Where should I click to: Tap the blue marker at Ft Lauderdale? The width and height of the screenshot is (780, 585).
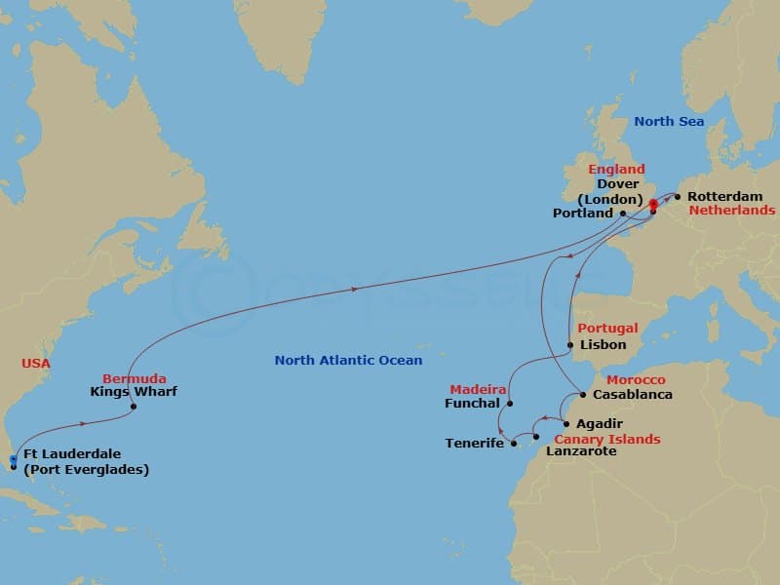[x=13, y=459]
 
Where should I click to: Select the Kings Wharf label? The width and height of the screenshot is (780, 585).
[x=133, y=392]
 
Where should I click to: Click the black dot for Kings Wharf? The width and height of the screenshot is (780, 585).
[x=133, y=407]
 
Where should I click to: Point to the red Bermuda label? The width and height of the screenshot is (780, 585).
[x=135, y=378]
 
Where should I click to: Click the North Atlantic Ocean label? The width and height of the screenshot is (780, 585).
[x=348, y=361]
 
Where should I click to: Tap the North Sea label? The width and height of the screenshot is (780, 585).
[x=669, y=122]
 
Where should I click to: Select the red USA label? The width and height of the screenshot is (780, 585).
[x=36, y=364]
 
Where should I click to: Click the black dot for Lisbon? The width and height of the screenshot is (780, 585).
[x=570, y=345]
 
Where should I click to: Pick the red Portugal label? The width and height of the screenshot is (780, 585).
[x=607, y=329]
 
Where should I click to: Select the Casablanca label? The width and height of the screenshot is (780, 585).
[x=634, y=395]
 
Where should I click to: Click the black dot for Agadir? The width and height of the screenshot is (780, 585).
[x=566, y=424]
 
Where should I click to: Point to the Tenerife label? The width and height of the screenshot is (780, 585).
[x=475, y=444]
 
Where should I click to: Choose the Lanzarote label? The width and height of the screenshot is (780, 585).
[x=581, y=451]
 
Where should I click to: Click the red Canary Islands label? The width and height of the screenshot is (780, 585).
[x=607, y=439]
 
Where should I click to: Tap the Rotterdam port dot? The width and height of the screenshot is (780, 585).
[x=678, y=196]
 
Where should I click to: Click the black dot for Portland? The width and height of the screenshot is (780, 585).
[x=622, y=213]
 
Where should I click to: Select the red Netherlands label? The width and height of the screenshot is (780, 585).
[x=732, y=210]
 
